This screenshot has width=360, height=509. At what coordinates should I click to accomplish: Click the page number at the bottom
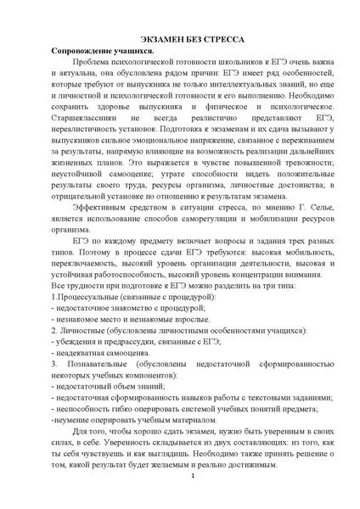click(194, 484)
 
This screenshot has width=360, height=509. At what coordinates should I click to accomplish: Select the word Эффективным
click(106, 231)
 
